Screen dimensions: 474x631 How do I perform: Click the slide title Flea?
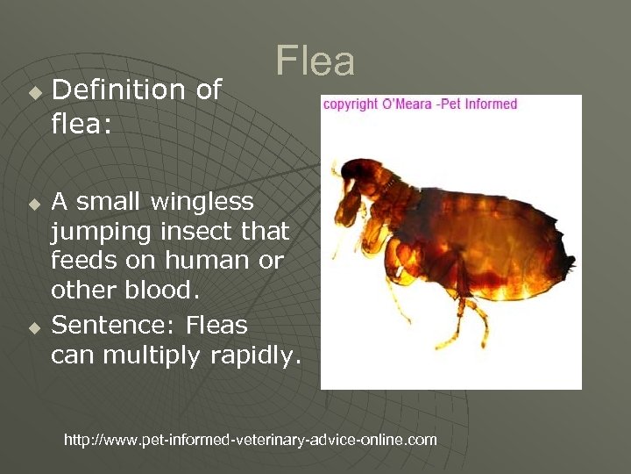click(x=315, y=61)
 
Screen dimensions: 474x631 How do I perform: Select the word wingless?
click(x=202, y=202)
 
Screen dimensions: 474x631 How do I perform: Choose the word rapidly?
click(x=257, y=356)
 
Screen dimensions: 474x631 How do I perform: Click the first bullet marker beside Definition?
click(x=34, y=92)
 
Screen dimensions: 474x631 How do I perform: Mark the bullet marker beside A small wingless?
click(x=34, y=205)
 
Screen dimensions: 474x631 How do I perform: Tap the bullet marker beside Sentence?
click(x=34, y=328)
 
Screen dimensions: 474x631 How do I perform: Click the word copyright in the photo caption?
click(x=351, y=104)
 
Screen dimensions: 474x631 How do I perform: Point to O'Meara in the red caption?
click(x=405, y=104)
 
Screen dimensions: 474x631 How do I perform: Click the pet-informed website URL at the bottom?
click(x=251, y=440)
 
